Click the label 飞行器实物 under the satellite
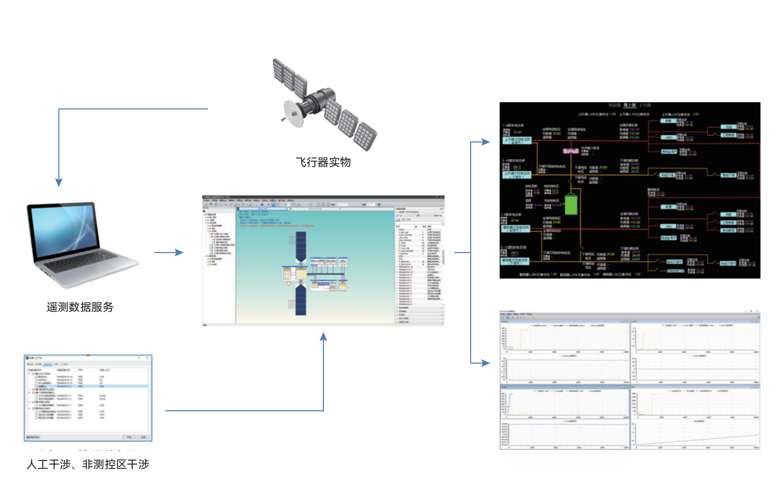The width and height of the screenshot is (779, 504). [323, 162]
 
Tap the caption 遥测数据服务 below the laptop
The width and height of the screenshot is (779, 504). [80, 307]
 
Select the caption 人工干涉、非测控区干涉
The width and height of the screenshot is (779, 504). [88, 464]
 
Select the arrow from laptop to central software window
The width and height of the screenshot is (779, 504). [169, 253]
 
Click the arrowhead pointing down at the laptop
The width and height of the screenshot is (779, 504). [59, 182]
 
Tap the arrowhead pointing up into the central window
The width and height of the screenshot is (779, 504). [323, 337]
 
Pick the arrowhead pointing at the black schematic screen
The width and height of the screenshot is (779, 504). [485, 142]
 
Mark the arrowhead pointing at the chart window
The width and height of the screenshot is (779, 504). [485, 363]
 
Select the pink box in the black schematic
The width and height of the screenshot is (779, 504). [571, 151]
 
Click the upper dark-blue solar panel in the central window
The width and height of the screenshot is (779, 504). [300, 246]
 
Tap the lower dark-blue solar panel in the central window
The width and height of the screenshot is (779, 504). [300, 299]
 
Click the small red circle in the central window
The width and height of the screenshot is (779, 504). [288, 284]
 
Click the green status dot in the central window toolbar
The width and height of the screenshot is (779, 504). [379, 204]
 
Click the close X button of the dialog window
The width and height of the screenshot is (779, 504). [147, 358]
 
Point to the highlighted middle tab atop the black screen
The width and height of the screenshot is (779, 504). [629, 105]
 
